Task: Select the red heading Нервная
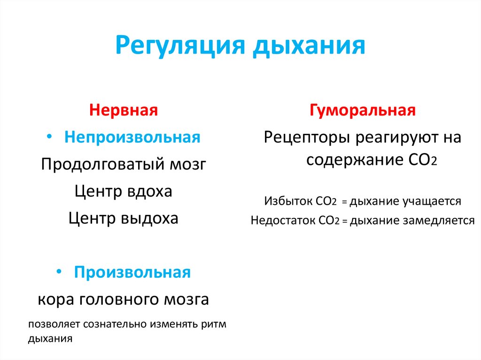point(124,111)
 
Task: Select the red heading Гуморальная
point(362,111)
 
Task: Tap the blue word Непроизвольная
point(132,138)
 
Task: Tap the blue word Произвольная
point(132,273)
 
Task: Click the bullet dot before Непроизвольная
point(50,137)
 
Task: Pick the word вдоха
point(149,191)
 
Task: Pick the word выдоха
point(149,219)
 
